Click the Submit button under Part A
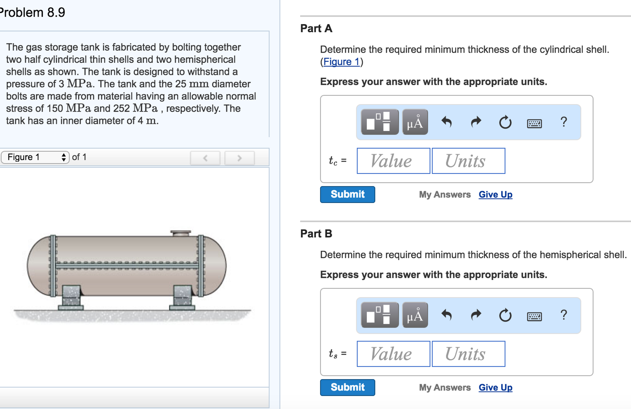pos(347,194)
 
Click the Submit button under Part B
pos(347,387)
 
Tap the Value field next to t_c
pos(393,161)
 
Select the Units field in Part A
pos(468,161)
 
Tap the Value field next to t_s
pos(393,354)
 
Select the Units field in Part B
pos(468,354)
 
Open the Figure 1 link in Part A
pos(341,62)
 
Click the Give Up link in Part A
pos(495,195)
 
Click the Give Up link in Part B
pos(495,388)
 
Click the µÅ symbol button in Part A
pos(415,122)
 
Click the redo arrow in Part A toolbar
pos(476,122)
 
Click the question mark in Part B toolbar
pos(563,315)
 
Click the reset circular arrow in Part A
pos(505,122)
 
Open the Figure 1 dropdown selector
pos(35,157)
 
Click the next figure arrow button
pos(239,158)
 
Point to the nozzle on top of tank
pos(180,233)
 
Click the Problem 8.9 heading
pos(32,13)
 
